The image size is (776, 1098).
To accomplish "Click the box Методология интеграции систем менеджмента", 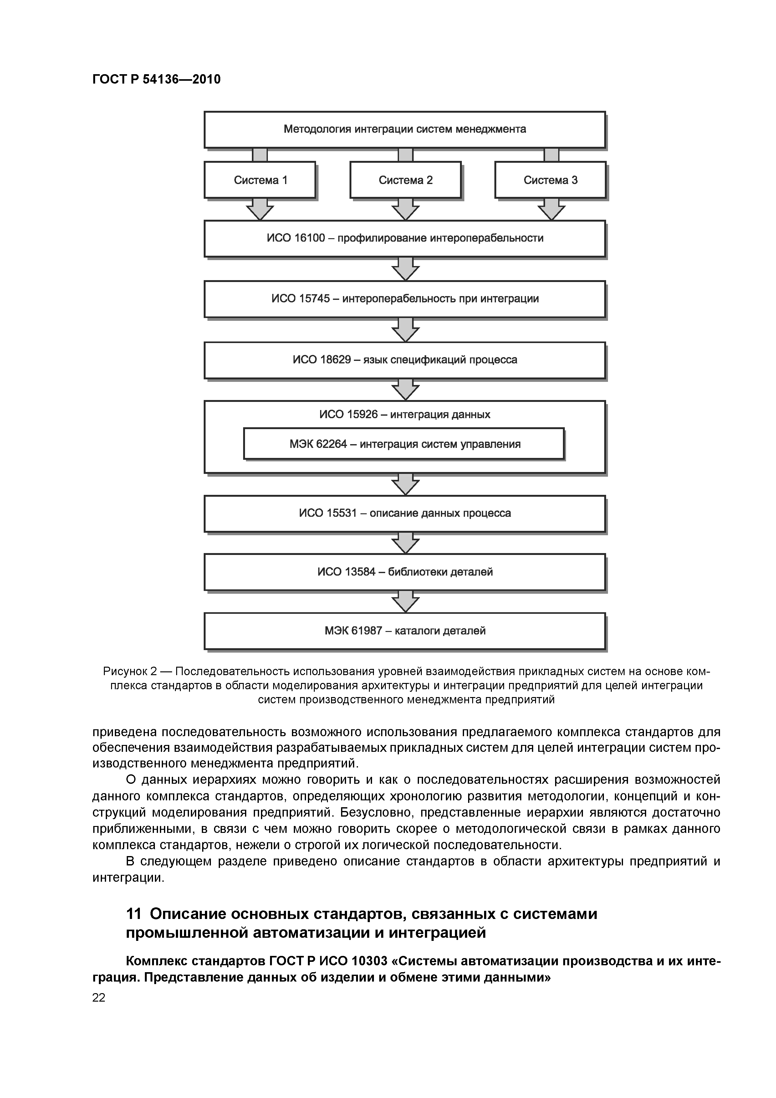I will pos(405,129).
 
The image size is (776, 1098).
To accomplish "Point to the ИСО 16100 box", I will pos(405,238).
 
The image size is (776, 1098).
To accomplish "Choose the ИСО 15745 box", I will pos(405,299).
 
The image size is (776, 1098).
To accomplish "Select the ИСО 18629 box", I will pos(405,360).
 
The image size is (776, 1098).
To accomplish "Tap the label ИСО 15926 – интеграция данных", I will pos(405,414).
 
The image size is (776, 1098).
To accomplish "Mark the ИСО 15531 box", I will pos(405,513).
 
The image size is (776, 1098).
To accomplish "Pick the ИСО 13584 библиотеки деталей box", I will pos(405,572).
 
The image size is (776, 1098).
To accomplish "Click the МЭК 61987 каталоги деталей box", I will pos(405,631).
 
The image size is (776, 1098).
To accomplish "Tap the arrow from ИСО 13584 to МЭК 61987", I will pos(406,602).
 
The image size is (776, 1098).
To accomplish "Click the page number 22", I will pos(99,997).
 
